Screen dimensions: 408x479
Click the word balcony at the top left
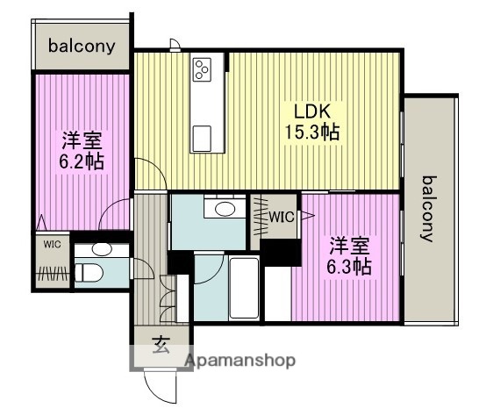pyautogui.click(x=82, y=46)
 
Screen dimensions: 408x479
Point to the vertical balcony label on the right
pyautogui.click(x=430, y=209)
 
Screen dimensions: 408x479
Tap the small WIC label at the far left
pyautogui.click(x=52, y=244)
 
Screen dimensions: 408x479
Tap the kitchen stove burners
pyautogui.click(x=203, y=69)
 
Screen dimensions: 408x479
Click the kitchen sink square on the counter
pyautogui.click(x=203, y=136)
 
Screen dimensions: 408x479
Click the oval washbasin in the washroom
pyautogui.click(x=225, y=209)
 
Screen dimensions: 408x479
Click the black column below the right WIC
pyautogui.click(x=280, y=252)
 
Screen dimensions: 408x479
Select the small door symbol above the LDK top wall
pyautogui.click(x=175, y=45)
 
